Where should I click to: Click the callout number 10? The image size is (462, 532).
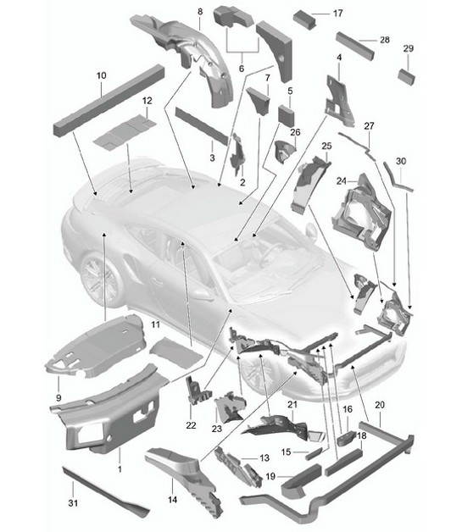pyautogui.click(x=100, y=75)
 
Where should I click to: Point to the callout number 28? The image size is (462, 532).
pyautogui.click(x=384, y=40)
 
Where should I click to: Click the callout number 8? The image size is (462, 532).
pyautogui.click(x=200, y=11)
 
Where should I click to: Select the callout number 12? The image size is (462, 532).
pyautogui.click(x=146, y=101)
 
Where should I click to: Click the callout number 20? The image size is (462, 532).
pyautogui.click(x=379, y=406)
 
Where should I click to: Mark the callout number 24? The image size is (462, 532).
pyautogui.click(x=341, y=180)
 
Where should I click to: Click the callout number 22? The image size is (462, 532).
pyautogui.click(x=191, y=424)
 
